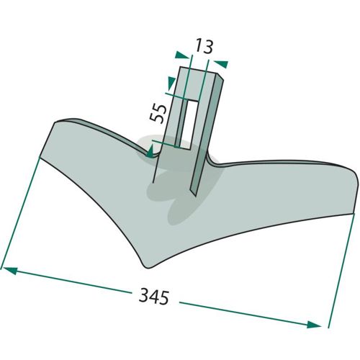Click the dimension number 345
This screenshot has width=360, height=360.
(x=154, y=297)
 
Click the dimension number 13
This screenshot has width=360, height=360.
(x=204, y=46)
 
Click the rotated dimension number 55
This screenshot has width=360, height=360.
(x=158, y=113)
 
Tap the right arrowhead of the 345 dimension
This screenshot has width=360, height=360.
(x=314, y=325)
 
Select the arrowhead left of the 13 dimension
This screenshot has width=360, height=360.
(x=182, y=55)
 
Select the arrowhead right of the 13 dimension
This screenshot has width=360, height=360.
(x=221, y=64)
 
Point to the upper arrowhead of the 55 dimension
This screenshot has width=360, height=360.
(x=171, y=83)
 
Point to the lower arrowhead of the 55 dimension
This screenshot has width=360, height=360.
(x=150, y=152)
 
